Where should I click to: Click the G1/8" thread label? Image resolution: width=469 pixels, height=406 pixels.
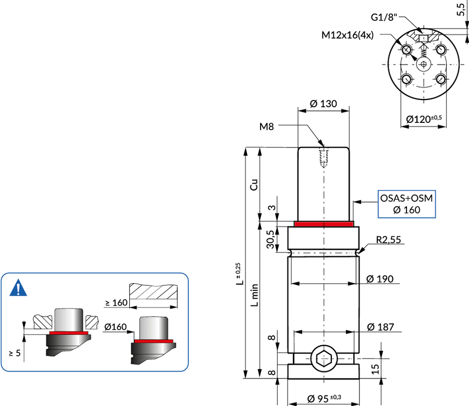384,17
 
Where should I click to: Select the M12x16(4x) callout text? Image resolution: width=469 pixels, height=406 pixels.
347,35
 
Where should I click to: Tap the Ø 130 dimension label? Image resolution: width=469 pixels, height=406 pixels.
323,104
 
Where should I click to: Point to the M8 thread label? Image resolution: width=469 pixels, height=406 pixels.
266,126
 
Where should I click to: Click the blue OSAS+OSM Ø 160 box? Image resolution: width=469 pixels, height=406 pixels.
406,204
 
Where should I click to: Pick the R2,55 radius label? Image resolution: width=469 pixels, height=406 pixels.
388,239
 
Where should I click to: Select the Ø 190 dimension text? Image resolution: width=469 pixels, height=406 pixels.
379,278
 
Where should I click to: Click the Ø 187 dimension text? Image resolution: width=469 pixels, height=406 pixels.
380,327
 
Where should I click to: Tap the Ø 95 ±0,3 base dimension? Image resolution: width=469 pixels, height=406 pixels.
324,398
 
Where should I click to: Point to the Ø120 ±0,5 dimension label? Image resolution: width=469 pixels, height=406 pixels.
424,119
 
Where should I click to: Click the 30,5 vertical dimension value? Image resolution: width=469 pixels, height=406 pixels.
270,239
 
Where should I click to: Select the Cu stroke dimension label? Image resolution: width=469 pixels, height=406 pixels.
254,185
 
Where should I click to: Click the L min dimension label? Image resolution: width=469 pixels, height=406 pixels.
254,295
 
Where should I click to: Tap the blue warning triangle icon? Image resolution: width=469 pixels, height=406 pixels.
18,288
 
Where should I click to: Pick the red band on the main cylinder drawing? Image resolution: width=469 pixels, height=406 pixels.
324,224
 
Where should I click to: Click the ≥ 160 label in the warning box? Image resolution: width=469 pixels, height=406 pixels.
116,302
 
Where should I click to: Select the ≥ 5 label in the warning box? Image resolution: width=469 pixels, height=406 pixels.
15,353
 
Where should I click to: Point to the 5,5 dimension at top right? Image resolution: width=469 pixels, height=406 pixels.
461,9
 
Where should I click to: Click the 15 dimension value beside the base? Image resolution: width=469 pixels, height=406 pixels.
375,369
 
